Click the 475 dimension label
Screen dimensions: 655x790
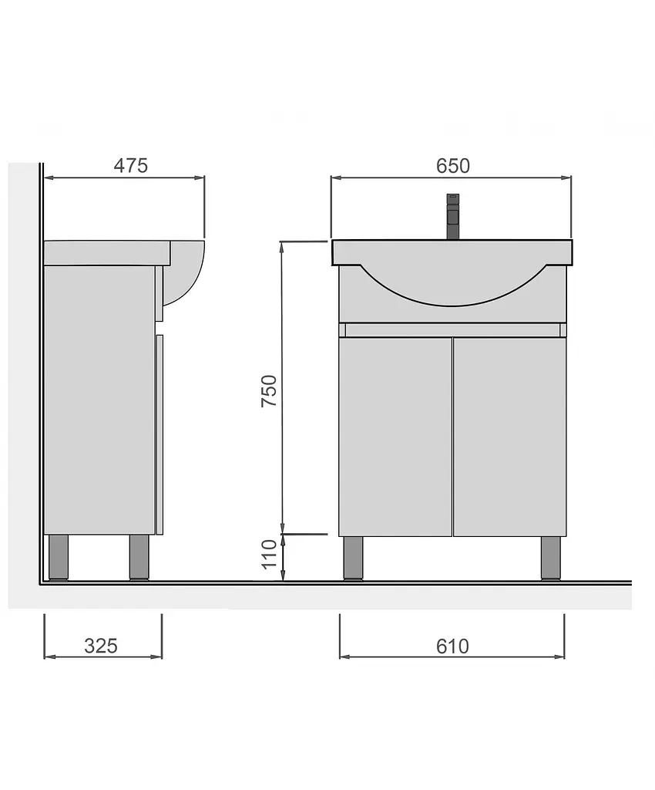coord(131,165)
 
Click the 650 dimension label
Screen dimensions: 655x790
coord(453,166)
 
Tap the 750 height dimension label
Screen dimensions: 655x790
coord(269,391)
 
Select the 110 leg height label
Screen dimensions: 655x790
coord(270,554)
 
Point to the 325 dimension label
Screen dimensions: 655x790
coord(101,646)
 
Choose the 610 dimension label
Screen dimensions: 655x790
coord(452,646)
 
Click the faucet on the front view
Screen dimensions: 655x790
coord(452,217)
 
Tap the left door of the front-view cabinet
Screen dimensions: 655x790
coord(395,437)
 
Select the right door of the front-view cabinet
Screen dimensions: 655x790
coord(509,437)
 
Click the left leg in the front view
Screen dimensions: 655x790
coord(354,559)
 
